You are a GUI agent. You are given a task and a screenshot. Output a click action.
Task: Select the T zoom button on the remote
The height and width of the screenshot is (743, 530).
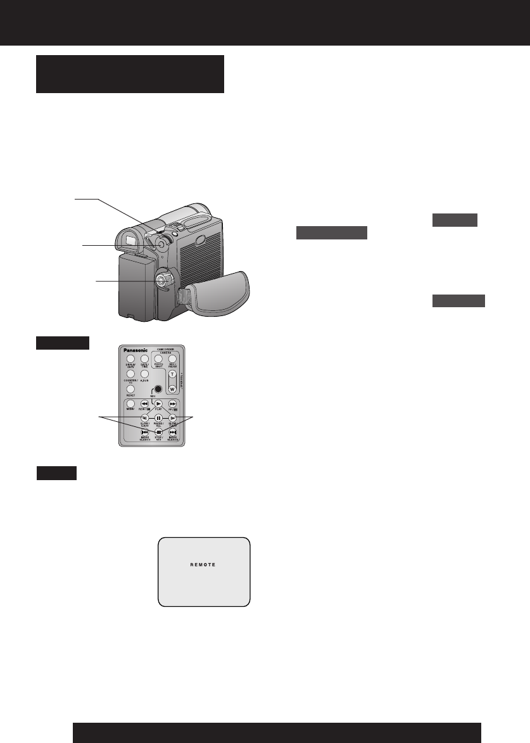tap(172, 374)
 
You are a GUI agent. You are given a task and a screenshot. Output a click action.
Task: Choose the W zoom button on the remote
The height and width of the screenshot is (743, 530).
tap(172, 388)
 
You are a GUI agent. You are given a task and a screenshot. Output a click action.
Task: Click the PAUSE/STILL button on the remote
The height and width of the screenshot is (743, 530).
tap(159, 418)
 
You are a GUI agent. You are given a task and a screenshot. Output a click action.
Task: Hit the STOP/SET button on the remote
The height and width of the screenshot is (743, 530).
tap(159, 432)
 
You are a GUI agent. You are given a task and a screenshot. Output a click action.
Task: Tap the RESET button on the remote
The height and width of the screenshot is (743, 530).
tap(130, 388)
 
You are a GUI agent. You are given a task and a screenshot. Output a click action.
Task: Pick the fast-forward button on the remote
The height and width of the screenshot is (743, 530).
tap(172, 403)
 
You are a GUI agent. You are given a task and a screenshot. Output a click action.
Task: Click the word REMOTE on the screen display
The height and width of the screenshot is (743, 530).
tap(203, 564)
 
